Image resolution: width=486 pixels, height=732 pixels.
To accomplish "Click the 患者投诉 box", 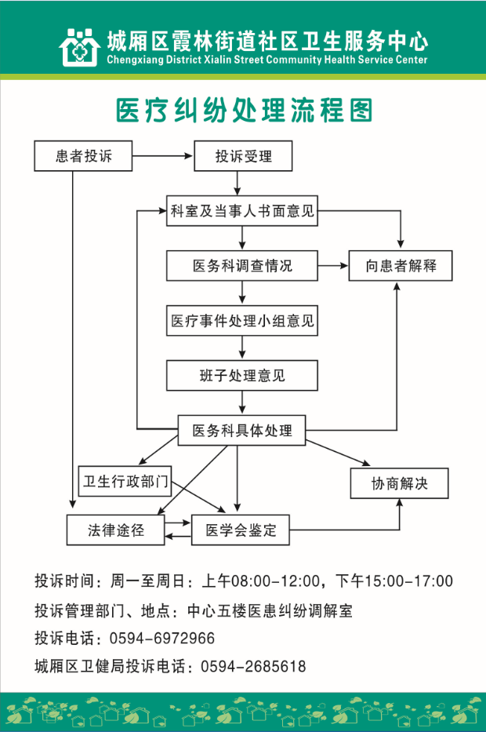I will click(x=83, y=156).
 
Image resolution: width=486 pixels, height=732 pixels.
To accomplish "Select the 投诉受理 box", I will click(x=243, y=156).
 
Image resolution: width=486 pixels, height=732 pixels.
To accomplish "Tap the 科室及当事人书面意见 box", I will click(x=243, y=211).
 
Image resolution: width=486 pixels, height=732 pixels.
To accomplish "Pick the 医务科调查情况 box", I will click(x=242, y=266).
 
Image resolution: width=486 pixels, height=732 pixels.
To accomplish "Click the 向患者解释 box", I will click(x=401, y=266).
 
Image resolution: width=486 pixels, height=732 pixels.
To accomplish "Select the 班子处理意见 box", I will click(x=242, y=376).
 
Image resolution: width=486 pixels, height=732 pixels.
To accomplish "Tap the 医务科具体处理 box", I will click(x=242, y=431).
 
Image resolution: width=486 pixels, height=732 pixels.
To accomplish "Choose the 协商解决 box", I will click(x=400, y=483).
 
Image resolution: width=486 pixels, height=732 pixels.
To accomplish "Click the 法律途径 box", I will click(x=116, y=530).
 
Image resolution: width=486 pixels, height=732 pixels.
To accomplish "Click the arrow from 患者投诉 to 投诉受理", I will click(x=162, y=157).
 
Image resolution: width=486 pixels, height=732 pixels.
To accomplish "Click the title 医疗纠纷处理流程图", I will click(x=243, y=111).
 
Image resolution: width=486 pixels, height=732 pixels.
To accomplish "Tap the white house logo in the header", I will click(x=79, y=46).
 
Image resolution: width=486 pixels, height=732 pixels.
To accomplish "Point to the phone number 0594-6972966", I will click(x=168, y=638).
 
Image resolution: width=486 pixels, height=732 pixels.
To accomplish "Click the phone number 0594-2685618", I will click(x=253, y=666).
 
